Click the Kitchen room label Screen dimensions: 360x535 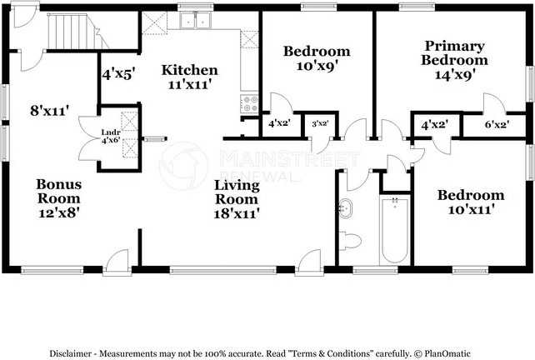(x=190, y=70)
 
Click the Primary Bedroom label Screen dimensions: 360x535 (x=454, y=52)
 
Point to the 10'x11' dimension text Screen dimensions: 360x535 (x=472, y=210)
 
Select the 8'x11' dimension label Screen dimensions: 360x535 (x=49, y=109)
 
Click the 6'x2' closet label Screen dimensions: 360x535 (x=497, y=125)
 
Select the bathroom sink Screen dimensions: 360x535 (x=347, y=207)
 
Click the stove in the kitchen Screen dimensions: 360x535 (x=250, y=102)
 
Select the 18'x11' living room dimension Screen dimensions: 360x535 (x=237, y=213)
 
